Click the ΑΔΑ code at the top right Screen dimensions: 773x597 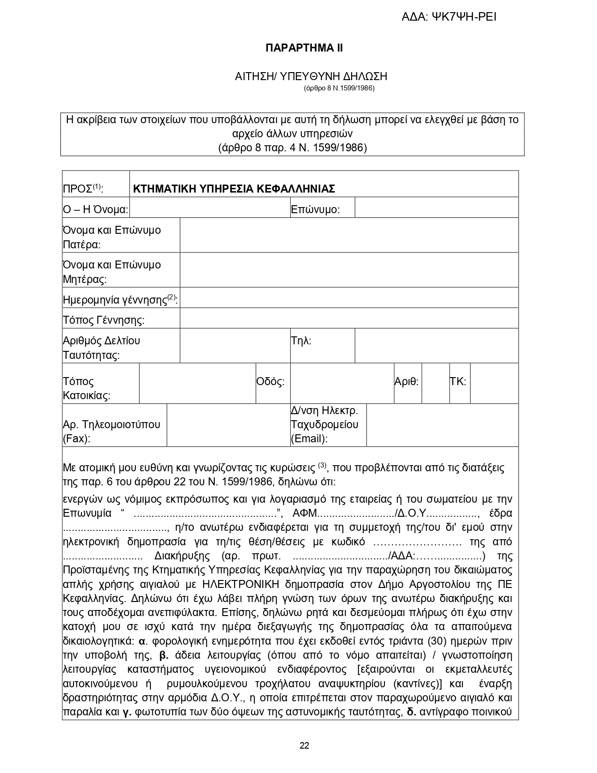449,17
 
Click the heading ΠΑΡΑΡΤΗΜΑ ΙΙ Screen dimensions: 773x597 304,48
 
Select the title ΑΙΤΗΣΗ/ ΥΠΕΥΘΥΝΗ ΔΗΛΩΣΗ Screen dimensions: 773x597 311,76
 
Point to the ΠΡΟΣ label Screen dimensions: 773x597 83,189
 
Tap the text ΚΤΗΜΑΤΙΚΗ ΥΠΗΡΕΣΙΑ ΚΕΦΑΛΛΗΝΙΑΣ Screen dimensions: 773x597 234,189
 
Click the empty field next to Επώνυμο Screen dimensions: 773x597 436,208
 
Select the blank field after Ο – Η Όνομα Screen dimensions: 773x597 209,208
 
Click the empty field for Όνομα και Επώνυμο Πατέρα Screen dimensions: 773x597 349,235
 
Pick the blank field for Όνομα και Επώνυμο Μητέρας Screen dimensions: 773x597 349,270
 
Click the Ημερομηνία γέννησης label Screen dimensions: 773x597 120,299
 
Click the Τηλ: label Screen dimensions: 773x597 301,341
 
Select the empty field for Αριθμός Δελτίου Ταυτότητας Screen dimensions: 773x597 235,346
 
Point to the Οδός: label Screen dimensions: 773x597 270,382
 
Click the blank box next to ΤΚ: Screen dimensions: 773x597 494,383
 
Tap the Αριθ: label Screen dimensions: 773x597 406,382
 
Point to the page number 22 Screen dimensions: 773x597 304,746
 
